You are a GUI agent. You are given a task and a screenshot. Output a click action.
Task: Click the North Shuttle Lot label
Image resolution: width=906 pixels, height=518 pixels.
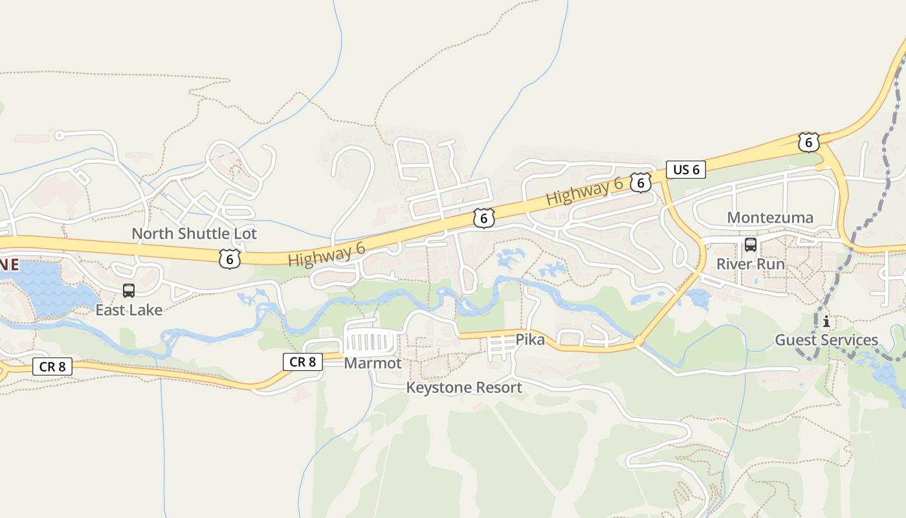click(x=194, y=234)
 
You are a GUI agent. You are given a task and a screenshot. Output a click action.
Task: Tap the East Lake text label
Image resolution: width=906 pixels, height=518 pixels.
click(x=129, y=310)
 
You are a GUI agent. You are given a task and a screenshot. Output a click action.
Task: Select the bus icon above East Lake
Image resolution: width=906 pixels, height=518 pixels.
click(x=129, y=291)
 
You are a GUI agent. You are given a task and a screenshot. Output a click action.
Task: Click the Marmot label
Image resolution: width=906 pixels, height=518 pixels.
click(x=373, y=363)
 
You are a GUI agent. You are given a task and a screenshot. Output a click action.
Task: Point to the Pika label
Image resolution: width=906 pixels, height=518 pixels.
click(x=530, y=340)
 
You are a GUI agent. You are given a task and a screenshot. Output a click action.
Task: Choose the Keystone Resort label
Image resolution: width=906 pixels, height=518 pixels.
click(x=464, y=388)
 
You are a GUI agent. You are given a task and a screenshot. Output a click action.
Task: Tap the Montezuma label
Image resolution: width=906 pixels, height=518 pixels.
click(x=770, y=218)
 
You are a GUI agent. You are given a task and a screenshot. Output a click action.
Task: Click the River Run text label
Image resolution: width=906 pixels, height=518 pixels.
click(x=750, y=264)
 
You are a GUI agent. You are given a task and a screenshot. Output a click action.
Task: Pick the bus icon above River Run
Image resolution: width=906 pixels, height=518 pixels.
click(x=751, y=245)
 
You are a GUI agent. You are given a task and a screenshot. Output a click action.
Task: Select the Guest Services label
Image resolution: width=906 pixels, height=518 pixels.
click(x=826, y=340)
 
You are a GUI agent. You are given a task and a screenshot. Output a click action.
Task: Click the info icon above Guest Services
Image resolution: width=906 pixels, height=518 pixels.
click(x=826, y=321)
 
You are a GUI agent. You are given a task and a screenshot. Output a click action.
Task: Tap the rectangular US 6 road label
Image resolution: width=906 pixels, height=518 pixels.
click(x=686, y=170)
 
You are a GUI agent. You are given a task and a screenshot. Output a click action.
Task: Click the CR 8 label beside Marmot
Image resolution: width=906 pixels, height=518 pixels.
click(x=302, y=362)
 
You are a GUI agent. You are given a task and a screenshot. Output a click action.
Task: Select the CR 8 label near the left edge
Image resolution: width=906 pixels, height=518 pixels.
click(x=52, y=366)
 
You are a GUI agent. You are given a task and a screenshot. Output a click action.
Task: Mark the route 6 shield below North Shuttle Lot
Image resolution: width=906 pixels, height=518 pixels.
click(x=229, y=259)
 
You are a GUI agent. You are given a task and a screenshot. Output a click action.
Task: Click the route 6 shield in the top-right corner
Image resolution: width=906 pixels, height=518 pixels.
click(x=808, y=142)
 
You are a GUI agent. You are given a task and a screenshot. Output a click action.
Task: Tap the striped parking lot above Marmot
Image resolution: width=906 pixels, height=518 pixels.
click(x=370, y=341)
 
